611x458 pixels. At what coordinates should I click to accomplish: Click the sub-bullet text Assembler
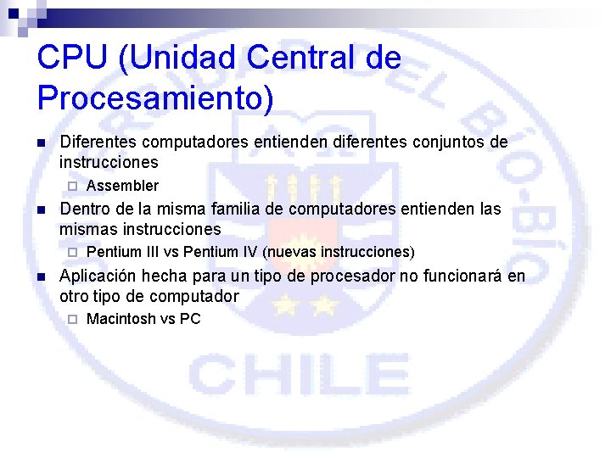tap(122, 186)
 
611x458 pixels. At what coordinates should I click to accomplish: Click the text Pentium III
tap(121, 252)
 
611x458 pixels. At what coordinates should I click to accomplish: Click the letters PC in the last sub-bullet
tap(190, 319)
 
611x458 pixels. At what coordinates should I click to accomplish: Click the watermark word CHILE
tap(300, 376)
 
